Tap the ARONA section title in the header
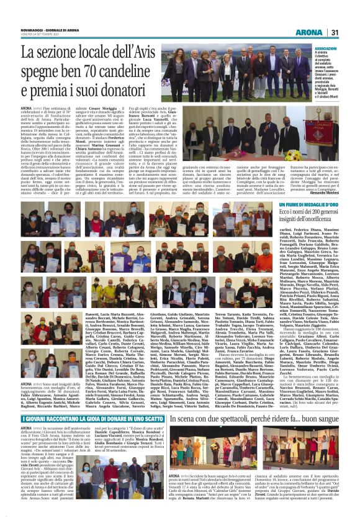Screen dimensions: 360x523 click(x=308, y=33)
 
